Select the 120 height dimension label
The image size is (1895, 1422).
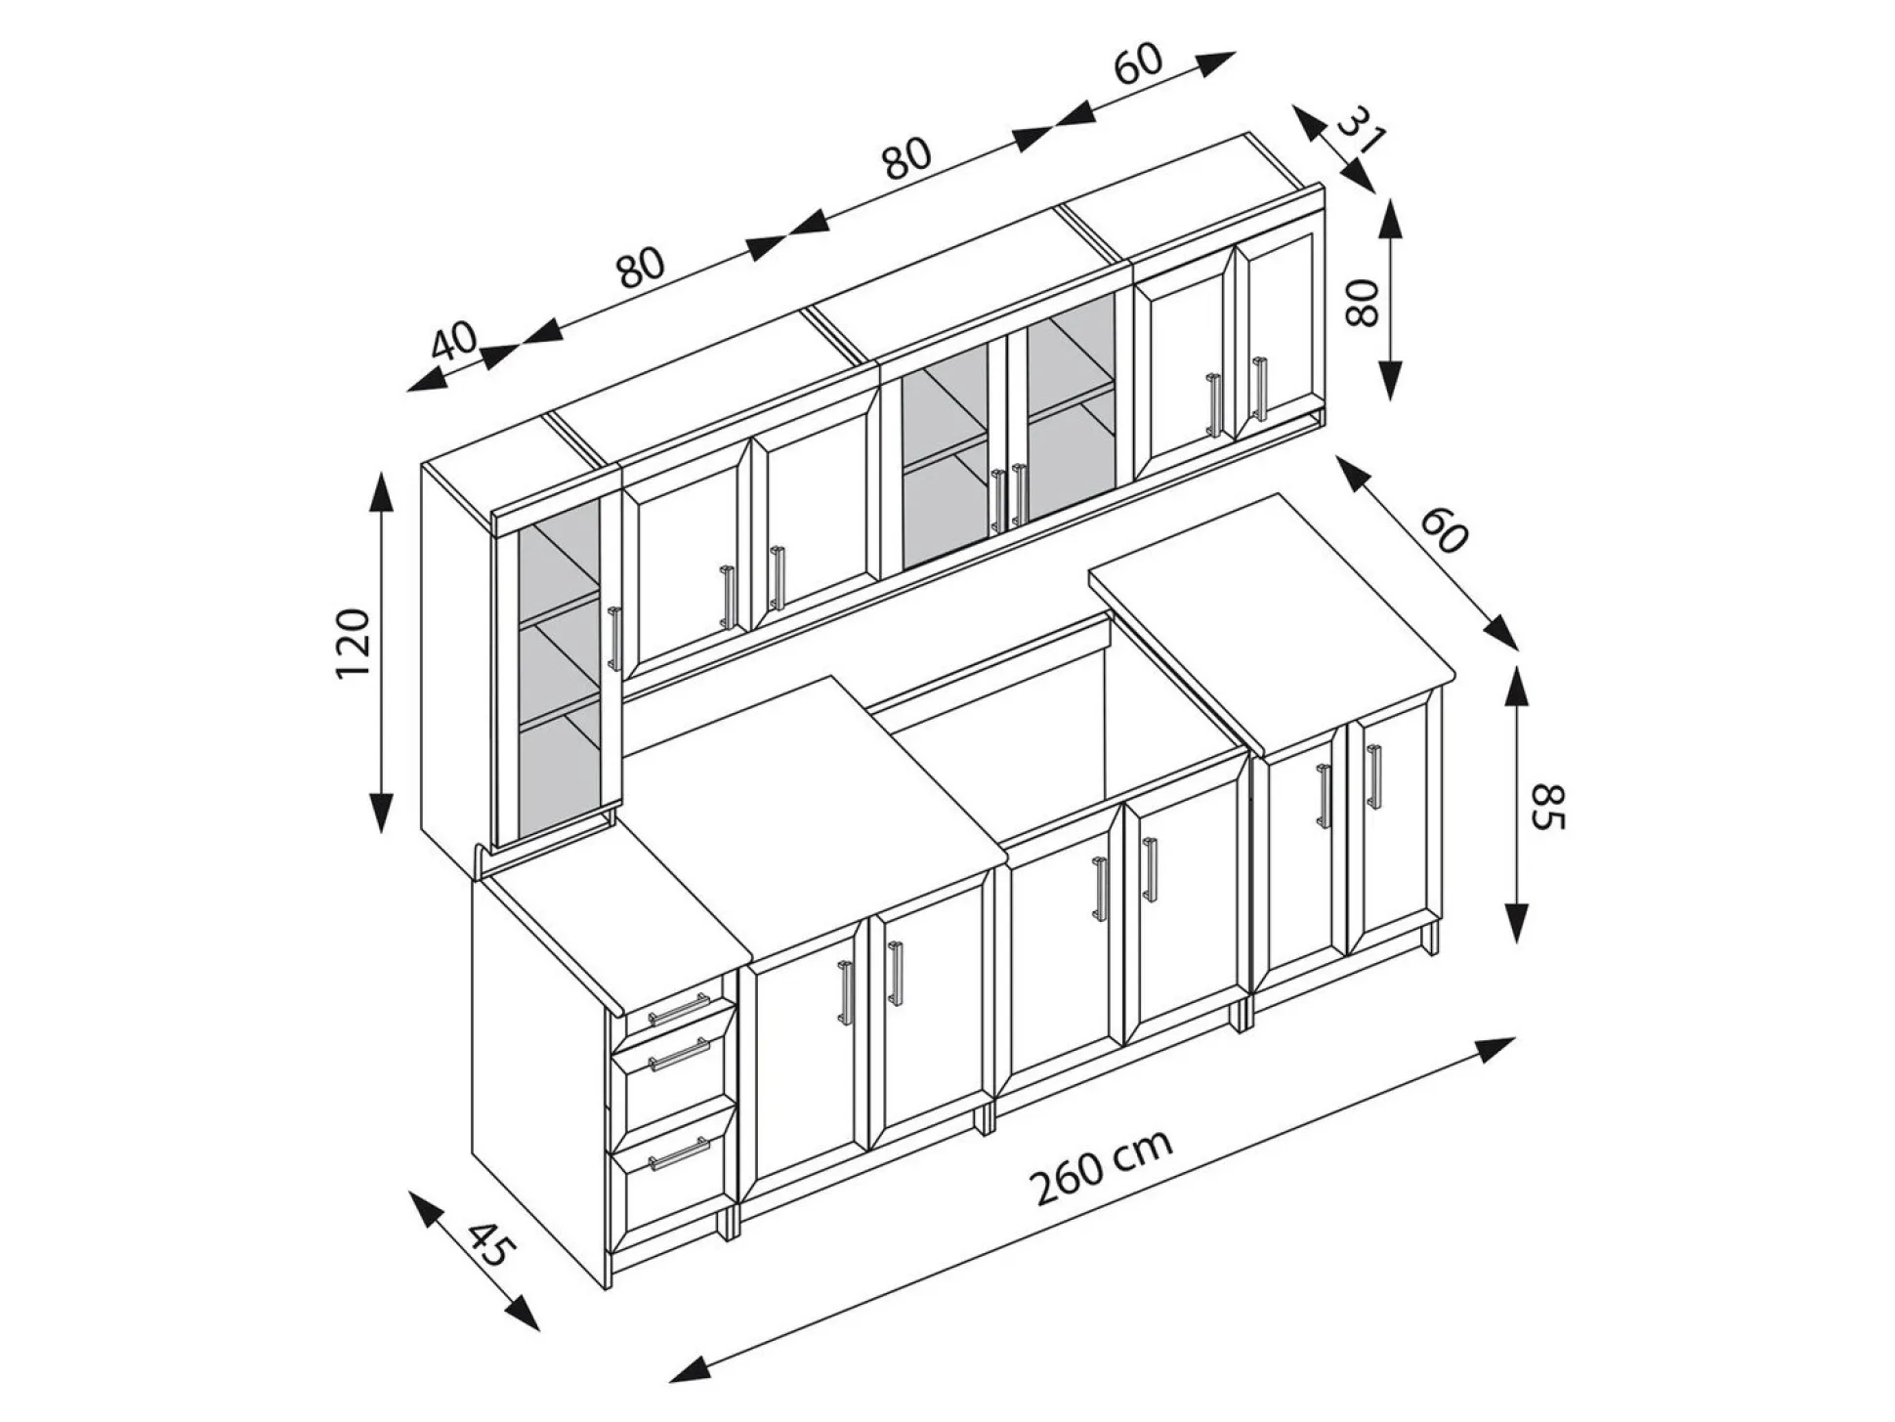tap(354, 644)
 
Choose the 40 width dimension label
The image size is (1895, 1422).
tap(454, 341)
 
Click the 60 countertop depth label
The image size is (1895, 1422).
tap(1445, 530)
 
